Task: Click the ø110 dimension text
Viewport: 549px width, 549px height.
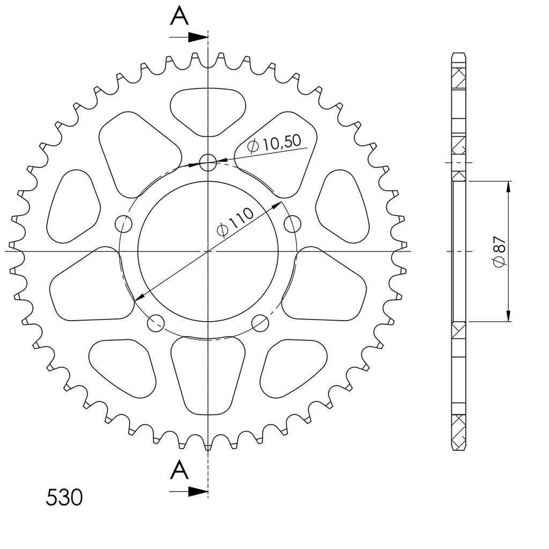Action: (x=235, y=222)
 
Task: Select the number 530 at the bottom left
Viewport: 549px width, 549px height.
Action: (x=64, y=498)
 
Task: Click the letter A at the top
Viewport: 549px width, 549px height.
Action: (x=179, y=17)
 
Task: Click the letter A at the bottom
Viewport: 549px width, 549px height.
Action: (x=179, y=470)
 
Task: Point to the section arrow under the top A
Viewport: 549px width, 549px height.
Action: (x=188, y=37)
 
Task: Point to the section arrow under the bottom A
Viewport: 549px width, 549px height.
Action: (x=188, y=492)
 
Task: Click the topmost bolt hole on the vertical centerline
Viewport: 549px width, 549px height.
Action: (x=208, y=162)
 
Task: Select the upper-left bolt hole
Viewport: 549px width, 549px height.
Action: (x=124, y=224)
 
